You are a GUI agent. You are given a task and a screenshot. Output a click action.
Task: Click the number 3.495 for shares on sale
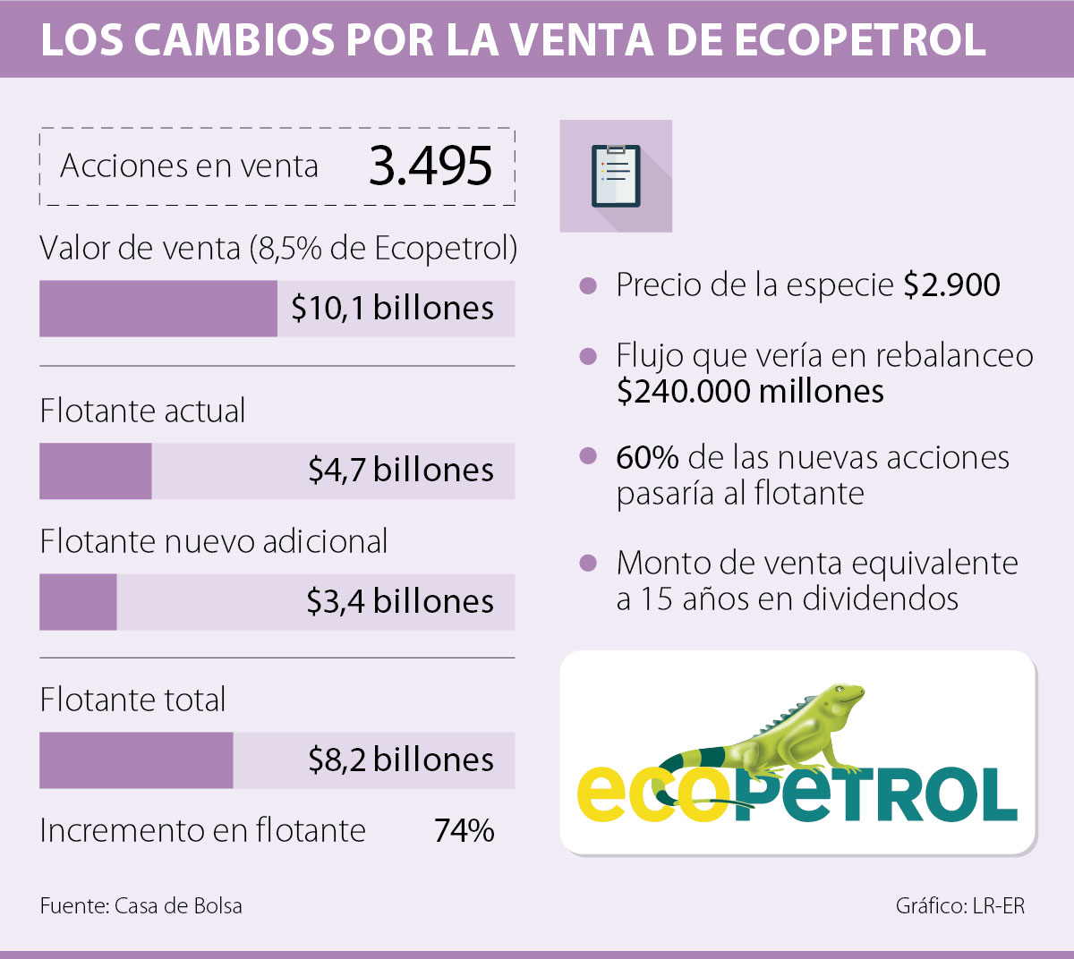(x=430, y=166)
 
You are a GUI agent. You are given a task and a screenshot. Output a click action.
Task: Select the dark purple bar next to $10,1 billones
(x=158, y=309)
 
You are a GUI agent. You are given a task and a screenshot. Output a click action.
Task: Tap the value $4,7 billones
(x=401, y=471)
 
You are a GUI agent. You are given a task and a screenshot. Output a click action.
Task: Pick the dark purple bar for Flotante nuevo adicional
(x=78, y=602)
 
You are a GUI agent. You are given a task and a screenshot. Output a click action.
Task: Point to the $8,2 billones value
(x=401, y=760)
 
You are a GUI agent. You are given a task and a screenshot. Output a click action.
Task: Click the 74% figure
(x=464, y=831)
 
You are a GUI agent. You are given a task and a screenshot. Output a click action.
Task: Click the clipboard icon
(x=616, y=176)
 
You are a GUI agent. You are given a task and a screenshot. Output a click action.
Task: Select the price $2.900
(x=951, y=285)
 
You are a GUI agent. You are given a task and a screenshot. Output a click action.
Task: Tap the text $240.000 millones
(x=750, y=392)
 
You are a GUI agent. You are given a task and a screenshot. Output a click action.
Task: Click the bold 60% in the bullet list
(x=647, y=458)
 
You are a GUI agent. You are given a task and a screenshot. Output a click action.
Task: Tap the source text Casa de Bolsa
(x=178, y=906)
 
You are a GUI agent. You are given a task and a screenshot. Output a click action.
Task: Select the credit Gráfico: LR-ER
(x=959, y=906)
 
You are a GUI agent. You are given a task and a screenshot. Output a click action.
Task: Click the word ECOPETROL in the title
(x=860, y=39)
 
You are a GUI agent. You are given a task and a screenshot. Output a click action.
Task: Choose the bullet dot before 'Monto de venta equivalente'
(x=588, y=564)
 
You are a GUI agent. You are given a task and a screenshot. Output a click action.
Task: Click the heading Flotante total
(x=132, y=700)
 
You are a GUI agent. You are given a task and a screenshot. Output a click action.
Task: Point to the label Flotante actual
(x=142, y=411)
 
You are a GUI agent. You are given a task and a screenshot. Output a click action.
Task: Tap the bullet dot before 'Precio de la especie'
(x=588, y=286)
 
